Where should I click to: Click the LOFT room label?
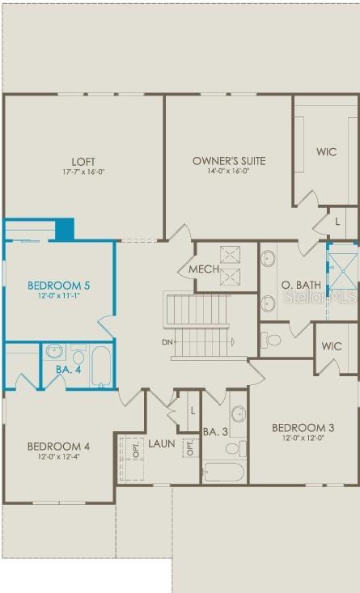[83, 161]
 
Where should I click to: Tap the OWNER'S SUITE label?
[228, 161]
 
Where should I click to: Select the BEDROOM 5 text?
[58, 286]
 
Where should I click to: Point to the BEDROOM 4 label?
[58, 447]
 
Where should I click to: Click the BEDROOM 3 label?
[303, 428]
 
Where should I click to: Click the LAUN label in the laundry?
[161, 444]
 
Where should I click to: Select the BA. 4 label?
[66, 370]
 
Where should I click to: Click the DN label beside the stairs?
[167, 342]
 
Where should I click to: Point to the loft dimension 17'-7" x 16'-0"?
[83, 172]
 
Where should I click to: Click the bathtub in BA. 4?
[100, 365]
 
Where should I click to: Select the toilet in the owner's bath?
[272, 339]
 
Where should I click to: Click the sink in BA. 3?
[239, 415]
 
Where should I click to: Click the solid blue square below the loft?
[65, 229]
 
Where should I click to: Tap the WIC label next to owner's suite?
[326, 152]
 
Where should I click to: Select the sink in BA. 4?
[54, 351]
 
